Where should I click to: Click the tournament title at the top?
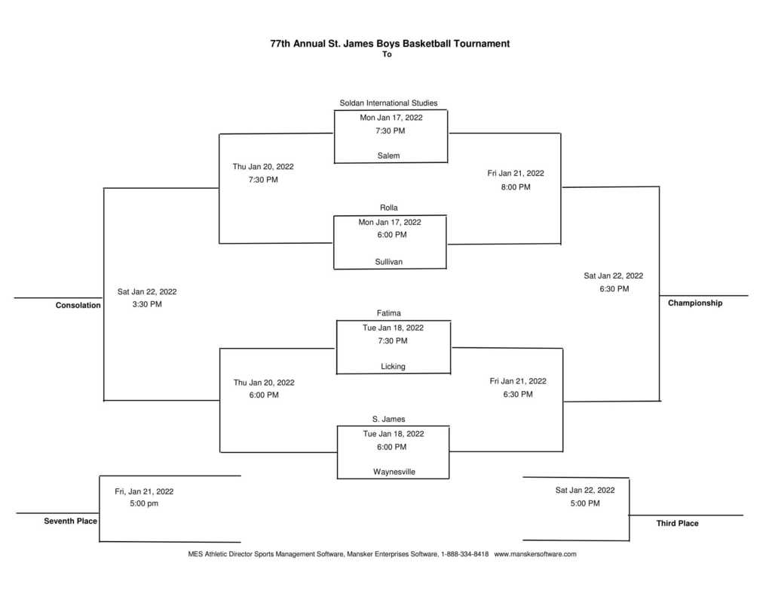pos(390,43)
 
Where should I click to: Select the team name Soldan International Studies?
pos(388,103)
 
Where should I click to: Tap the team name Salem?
pos(388,155)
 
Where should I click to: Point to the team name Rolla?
pos(388,208)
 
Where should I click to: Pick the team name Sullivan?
pos(388,262)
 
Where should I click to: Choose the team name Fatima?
pos(388,313)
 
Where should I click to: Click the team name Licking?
pos(393,366)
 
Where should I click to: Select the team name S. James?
pos(388,419)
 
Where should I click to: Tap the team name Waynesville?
pos(394,472)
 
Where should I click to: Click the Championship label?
pos(694,303)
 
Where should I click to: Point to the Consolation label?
pos(78,305)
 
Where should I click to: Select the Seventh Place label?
pos(70,521)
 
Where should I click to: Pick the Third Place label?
pos(677,523)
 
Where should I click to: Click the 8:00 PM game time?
pos(516,187)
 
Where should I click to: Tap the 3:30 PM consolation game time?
pos(147,304)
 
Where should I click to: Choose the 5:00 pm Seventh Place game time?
pos(144,503)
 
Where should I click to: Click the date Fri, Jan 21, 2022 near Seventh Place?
pos(144,491)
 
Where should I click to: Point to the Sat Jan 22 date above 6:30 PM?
pos(613,275)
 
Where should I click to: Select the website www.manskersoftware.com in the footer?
pos(535,554)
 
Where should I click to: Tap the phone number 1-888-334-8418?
pos(464,554)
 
